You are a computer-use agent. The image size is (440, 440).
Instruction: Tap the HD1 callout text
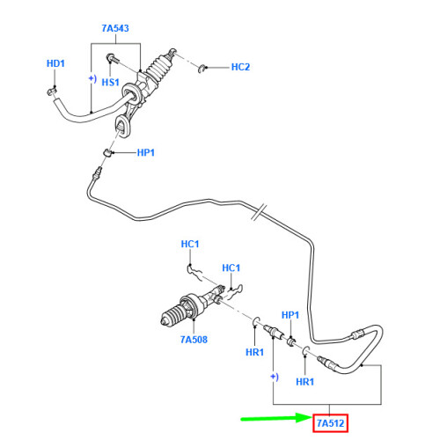(56, 64)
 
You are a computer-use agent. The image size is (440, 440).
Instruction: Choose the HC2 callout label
(240, 67)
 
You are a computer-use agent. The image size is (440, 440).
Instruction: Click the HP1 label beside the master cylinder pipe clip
(146, 153)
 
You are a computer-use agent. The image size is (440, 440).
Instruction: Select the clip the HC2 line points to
(202, 67)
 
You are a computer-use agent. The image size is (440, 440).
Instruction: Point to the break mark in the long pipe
(255, 214)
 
